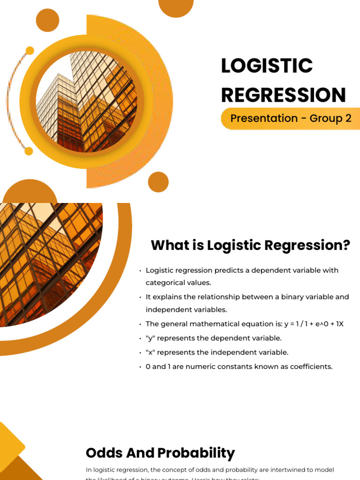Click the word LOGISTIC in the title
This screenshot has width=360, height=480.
coord(267,66)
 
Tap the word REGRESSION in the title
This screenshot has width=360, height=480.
coord(283,95)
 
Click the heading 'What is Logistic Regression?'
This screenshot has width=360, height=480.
coord(250,245)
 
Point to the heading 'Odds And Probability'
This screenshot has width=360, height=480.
coord(160,453)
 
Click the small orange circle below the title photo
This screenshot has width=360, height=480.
coord(158,182)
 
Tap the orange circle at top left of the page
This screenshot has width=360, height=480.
coord(47,20)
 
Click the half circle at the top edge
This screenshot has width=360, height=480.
coord(176,6)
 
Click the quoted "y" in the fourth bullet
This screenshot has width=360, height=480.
coord(150,338)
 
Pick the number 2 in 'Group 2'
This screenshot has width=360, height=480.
coord(348,119)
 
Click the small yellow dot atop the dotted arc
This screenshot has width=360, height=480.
coord(30,51)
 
